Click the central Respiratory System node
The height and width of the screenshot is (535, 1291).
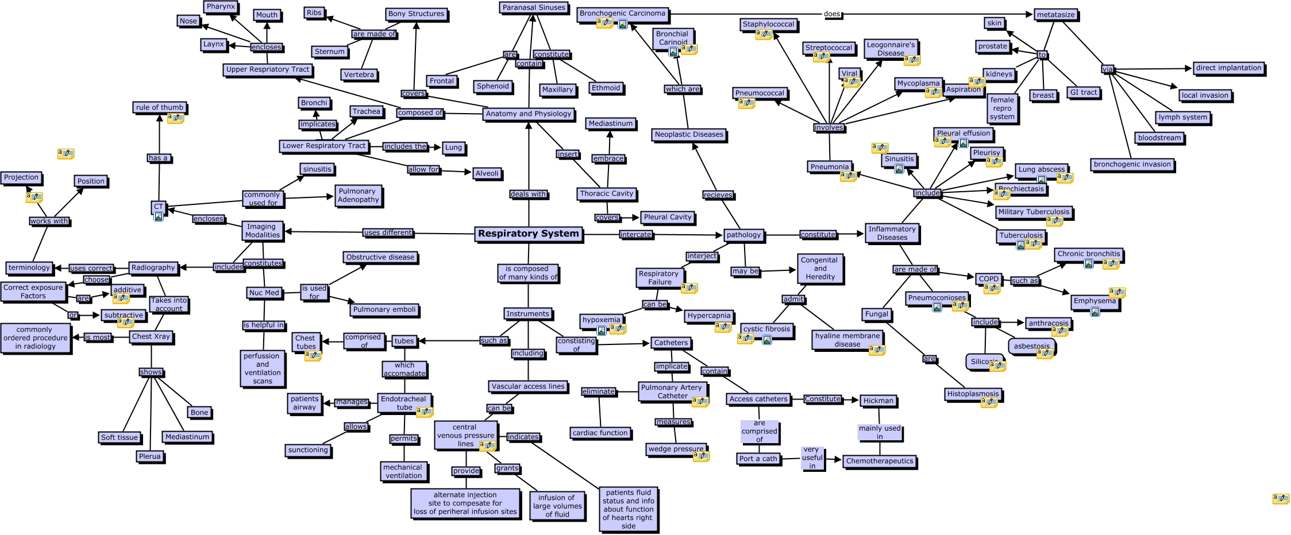click(x=528, y=234)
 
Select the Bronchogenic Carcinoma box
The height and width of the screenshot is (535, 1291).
click(x=622, y=13)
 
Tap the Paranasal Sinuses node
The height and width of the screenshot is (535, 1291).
click(x=534, y=7)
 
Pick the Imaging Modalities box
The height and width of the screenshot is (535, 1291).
click(x=262, y=231)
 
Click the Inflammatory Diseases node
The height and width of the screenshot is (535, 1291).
click(x=892, y=233)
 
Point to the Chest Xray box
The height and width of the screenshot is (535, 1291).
click(x=151, y=337)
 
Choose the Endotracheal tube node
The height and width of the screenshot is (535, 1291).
click(x=403, y=403)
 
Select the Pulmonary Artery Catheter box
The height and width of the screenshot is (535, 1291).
click(x=672, y=391)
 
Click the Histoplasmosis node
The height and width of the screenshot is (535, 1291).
click(x=973, y=394)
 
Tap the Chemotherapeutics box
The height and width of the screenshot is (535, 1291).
click(x=879, y=461)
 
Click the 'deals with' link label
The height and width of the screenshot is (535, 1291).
click(x=528, y=194)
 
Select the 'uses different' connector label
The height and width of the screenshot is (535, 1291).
click(x=388, y=232)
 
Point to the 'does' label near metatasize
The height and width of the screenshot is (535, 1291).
click(x=831, y=14)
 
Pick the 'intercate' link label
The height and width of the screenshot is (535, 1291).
click(x=635, y=234)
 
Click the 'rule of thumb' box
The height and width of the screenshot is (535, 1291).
click(x=160, y=107)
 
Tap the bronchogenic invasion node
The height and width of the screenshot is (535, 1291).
click(x=1132, y=164)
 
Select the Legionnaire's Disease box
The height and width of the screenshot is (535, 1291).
click(x=891, y=49)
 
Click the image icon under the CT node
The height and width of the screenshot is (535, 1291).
click(x=159, y=216)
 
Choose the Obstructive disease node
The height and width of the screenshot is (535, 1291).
click(x=380, y=257)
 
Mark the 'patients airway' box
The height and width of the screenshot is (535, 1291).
click(x=304, y=403)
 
